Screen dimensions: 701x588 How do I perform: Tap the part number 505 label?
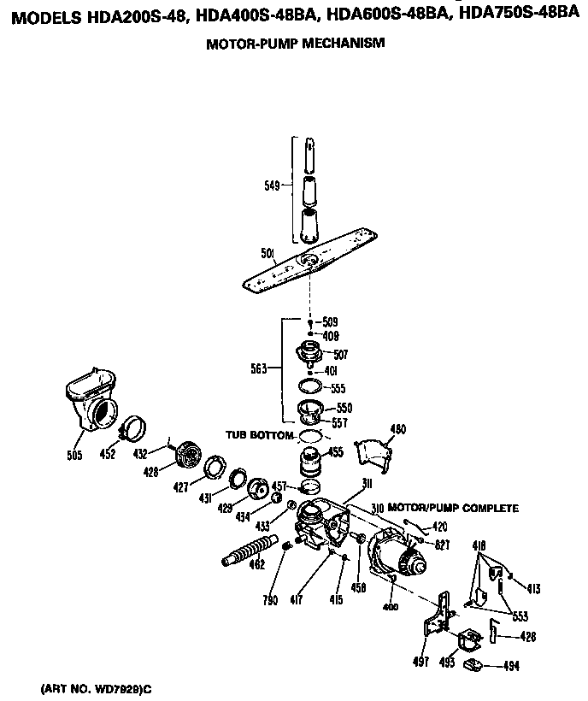pos(74,456)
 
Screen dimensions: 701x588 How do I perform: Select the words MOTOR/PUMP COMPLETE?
pos(453,508)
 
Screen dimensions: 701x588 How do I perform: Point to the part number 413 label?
pos(533,588)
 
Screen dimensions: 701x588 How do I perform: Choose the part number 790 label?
pos(271,600)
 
